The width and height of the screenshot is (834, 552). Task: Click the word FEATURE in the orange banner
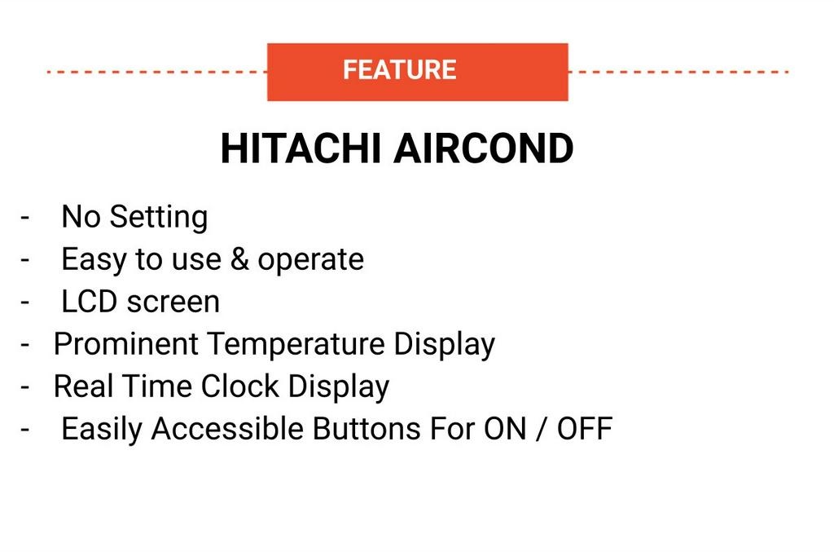[x=399, y=70]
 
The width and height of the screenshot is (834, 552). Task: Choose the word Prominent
[x=125, y=344]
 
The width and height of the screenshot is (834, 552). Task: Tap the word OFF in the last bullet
[x=584, y=428]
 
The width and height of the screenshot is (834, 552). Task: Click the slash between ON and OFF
[x=541, y=429]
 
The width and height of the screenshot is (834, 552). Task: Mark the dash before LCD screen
[x=26, y=302]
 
